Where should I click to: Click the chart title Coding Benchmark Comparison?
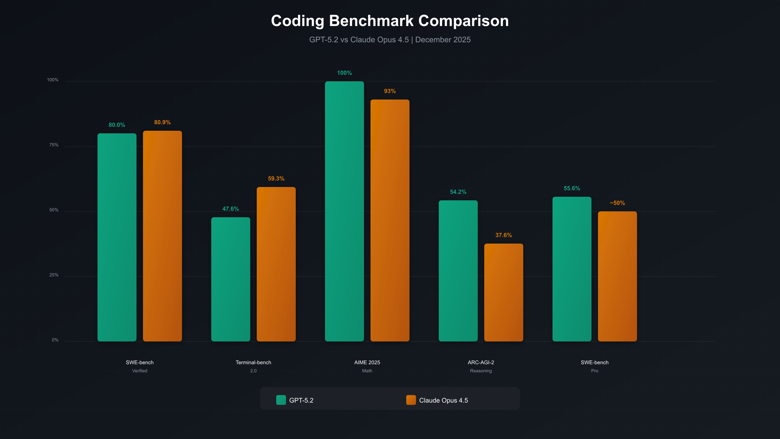pyautogui.click(x=390, y=21)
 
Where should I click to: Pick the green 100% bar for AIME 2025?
pyautogui.click(x=344, y=211)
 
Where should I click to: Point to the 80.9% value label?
pyautogui.click(x=162, y=122)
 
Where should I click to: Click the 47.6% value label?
pyautogui.click(x=230, y=209)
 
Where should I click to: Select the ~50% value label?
pyautogui.click(x=617, y=203)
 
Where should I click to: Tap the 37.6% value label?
pyautogui.click(x=503, y=235)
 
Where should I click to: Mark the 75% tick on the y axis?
pyautogui.click(x=54, y=145)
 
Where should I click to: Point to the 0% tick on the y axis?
pyautogui.click(x=55, y=340)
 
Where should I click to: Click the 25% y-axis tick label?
pyautogui.click(x=54, y=275)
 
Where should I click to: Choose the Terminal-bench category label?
pyautogui.click(x=253, y=362)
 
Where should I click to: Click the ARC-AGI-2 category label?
pyautogui.click(x=481, y=362)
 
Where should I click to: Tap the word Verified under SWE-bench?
pyautogui.click(x=139, y=371)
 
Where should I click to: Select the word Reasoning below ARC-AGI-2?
pyautogui.click(x=481, y=371)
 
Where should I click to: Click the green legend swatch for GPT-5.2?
pyautogui.click(x=281, y=400)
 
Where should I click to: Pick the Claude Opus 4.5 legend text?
pyautogui.click(x=443, y=400)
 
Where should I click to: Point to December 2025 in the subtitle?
pyautogui.click(x=443, y=40)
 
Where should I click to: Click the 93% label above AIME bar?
pyautogui.click(x=390, y=91)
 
